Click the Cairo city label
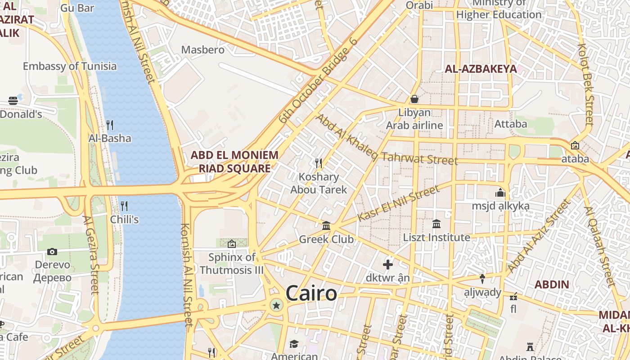(x=311, y=293)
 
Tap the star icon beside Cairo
(x=276, y=306)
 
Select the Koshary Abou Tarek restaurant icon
(x=319, y=163)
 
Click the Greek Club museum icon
(x=326, y=225)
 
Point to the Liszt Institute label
(x=436, y=237)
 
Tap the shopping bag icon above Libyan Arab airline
(x=414, y=99)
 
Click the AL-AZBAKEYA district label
(x=481, y=69)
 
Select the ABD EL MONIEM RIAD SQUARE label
(x=234, y=162)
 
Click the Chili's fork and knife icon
(x=124, y=206)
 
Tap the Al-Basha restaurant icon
(x=110, y=124)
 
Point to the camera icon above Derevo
(x=52, y=252)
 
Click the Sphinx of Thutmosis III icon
(x=232, y=244)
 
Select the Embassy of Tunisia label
(x=70, y=66)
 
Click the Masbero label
(x=202, y=49)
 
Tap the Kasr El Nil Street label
(x=398, y=203)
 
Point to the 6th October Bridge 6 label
(x=317, y=81)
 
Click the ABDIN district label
(x=552, y=284)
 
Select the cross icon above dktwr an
(x=387, y=265)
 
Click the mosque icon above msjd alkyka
(x=500, y=193)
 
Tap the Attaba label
(x=510, y=123)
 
